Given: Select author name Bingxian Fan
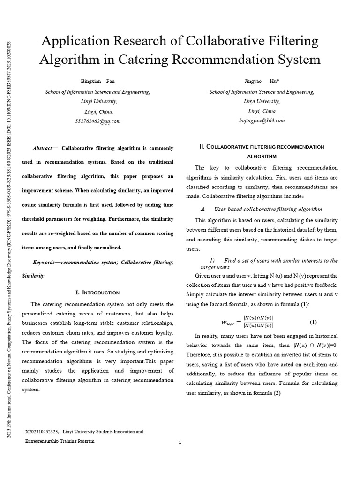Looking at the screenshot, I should [x=97, y=82].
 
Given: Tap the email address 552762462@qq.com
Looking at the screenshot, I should [x=97, y=121].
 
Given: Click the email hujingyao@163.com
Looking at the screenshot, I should [x=262, y=121].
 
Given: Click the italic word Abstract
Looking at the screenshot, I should [x=42, y=148].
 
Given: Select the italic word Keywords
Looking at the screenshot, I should [x=45, y=262].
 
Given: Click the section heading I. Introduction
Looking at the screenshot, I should [x=97, y=292].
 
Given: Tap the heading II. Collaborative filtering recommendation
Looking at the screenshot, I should [x=262, y=147].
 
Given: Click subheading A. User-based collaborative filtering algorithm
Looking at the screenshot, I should [x=262, y=209].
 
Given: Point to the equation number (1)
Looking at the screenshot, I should [x=313, y=322].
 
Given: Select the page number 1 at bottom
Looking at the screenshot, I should [x=180, y=442].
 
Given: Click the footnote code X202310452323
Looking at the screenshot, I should [x=41, y=431].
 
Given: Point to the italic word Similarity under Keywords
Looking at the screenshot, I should [x=33, y=276].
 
